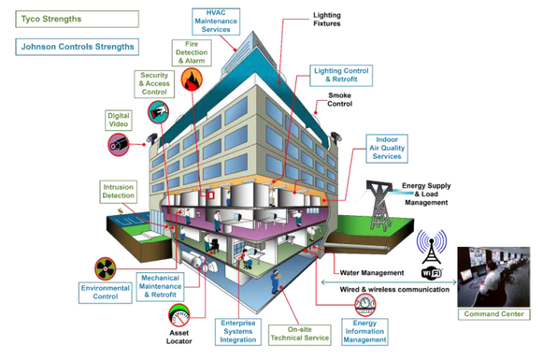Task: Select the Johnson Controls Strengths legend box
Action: coord(74,46)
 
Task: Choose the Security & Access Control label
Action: coord(154,83)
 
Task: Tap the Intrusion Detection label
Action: coord(118,193)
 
